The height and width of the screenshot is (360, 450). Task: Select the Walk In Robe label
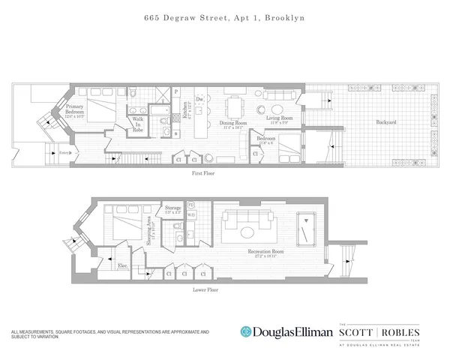point(138,124)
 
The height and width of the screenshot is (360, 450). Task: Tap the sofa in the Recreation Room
point(251,222)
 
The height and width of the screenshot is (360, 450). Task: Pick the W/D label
point(190,214)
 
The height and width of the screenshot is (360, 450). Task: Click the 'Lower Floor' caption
point(205,288)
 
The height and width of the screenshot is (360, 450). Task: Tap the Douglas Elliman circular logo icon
point(245,331)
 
